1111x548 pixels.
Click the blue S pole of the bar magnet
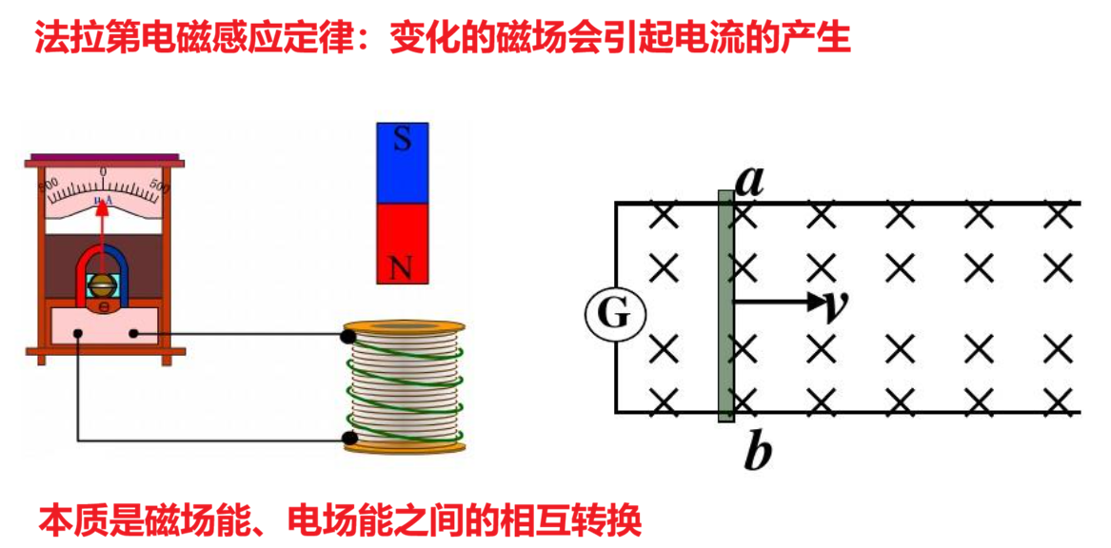(x=403, y=163)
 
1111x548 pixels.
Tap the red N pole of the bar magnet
(x=403, y=244)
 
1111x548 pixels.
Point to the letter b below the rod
(x=756, y=455)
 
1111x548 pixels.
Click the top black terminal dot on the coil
(x=350, y=336)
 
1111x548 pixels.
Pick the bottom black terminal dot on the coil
(x=350, y=439)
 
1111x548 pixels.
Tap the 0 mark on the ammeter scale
(x=104, y=170)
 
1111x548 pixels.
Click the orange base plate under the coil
(x=405, y=446)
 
